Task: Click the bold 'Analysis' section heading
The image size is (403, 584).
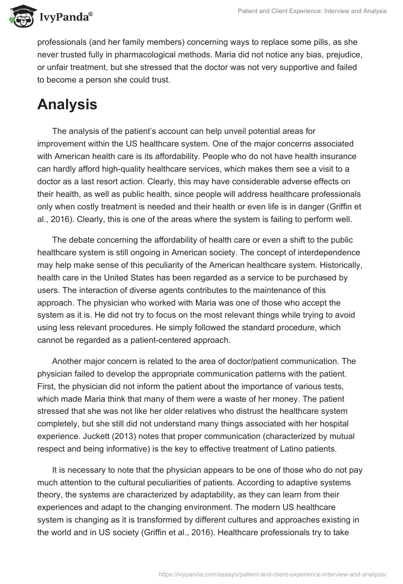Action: pyautogui.click(x=67, y=104)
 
